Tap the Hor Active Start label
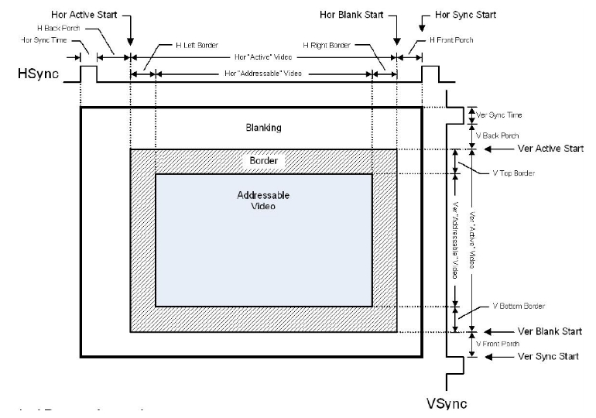(x=84, y=15)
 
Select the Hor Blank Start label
(x=351, y=15)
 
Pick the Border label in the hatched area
(x=263, y=161)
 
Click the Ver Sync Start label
(x=536, y=357)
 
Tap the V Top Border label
(x=514, y=173)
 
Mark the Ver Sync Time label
(x=499, y=115)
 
